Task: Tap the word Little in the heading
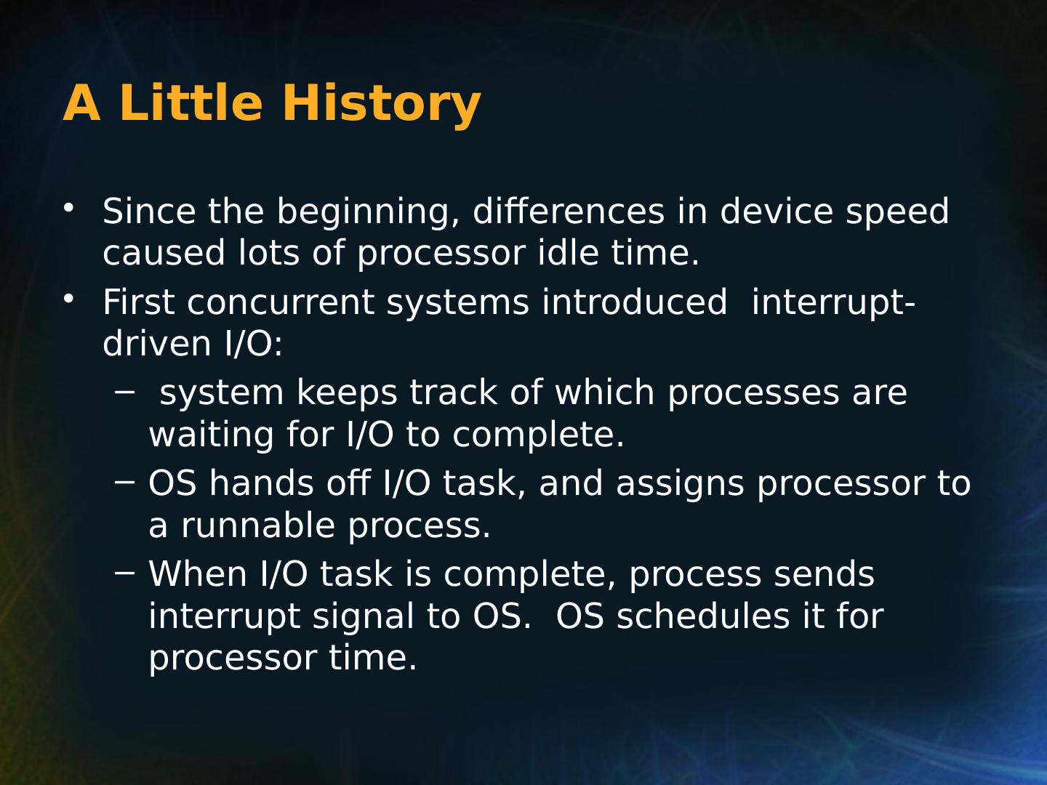190,102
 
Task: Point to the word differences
569,210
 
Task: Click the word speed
897,212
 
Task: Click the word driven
157,342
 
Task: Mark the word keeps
347,394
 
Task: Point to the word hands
262,483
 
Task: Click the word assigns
680,485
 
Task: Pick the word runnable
258,525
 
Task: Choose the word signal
364,618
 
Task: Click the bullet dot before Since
68,209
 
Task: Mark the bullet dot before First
68,299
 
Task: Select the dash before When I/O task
125,571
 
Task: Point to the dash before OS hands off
125,481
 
